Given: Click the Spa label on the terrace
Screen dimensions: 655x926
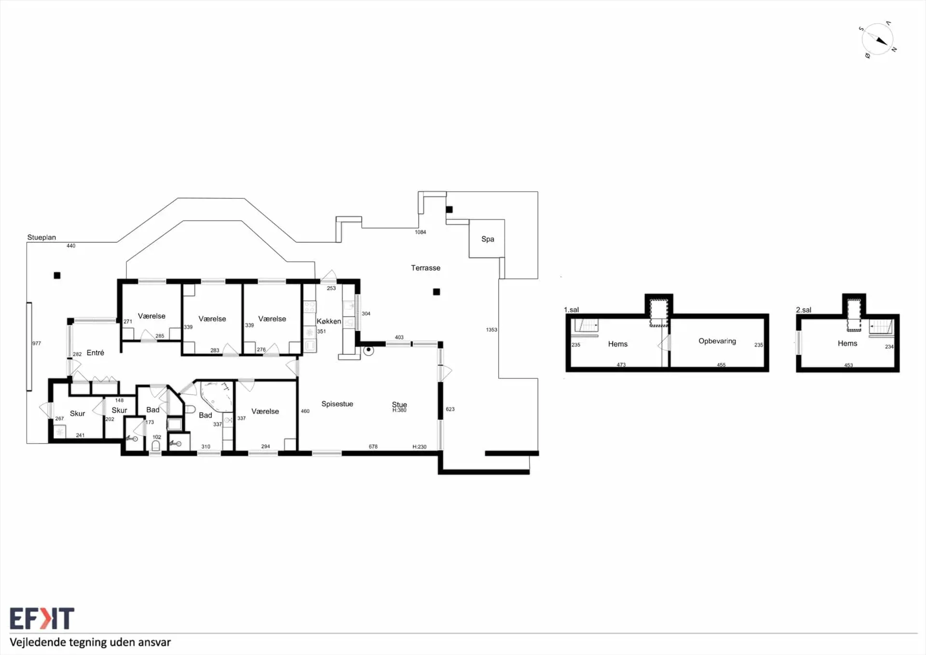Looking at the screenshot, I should tap(488, 239).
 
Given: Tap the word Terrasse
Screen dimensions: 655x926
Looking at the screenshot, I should tap(425, 268).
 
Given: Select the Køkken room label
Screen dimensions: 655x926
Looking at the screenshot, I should tap(328, 321).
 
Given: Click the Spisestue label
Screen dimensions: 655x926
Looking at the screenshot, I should tap(337, 404).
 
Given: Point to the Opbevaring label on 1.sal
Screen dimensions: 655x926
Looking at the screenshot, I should tap(717, 341).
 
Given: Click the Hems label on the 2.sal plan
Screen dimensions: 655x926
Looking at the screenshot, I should tap(847, 343).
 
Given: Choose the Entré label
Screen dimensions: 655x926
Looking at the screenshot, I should tap(95, 353).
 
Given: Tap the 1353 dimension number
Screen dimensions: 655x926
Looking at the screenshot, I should tap(491, 330).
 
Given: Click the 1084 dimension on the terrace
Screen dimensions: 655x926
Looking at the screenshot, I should tap(421, 232).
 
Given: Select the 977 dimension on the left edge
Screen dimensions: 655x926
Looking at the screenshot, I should tap(37, 343).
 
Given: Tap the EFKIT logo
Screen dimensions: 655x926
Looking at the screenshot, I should tap(42, 618).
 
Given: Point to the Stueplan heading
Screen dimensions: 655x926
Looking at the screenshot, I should tap(41, 237).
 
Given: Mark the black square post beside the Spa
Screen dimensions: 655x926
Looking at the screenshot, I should tap(449, 209).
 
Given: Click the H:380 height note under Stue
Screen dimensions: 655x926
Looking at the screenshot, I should tap(399, 410).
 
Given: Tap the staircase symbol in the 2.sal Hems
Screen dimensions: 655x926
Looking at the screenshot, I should tap(882, 327).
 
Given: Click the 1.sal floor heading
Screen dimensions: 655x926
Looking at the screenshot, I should tap(571, 309).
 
